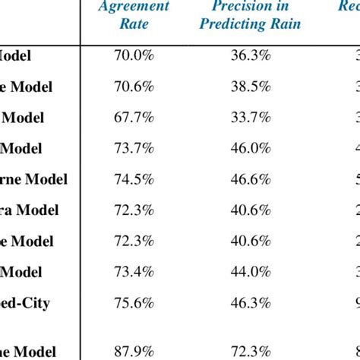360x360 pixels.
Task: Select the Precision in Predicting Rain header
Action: [250, 15]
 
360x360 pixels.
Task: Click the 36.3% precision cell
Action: [250, 55]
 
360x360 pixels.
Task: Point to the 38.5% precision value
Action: [250, 87]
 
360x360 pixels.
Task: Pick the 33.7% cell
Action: [250, 118]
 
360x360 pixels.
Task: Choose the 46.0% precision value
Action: [250, 149]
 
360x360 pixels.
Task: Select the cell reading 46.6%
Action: [250, 179]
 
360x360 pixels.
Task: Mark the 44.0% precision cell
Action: [250, 272]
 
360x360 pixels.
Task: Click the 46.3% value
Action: [250, 303]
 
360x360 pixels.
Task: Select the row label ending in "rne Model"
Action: [33, 179]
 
